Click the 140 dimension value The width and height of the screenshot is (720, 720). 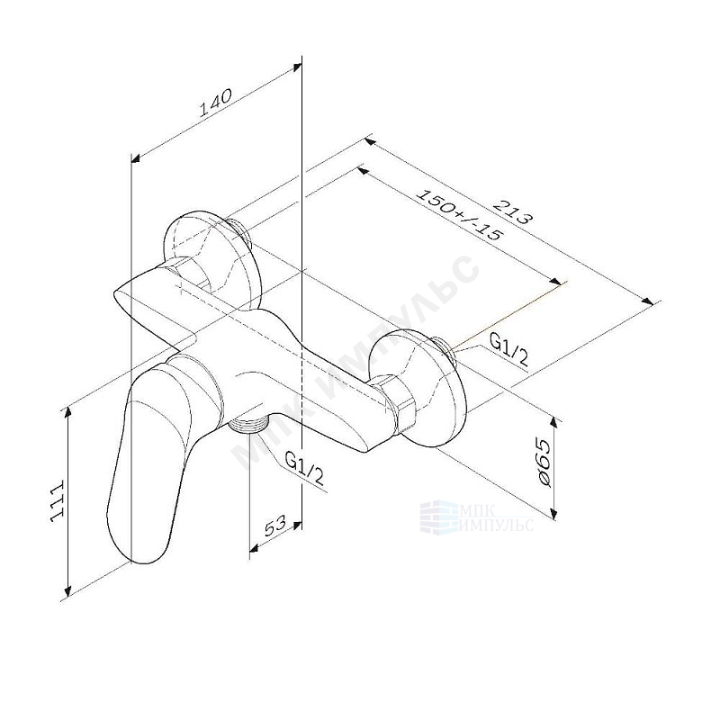pyautogui.click(x=216, y=102)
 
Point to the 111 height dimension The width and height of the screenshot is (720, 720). pyautogui.click(x=57, y=501)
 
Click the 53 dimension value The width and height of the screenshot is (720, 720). pyautogui.click(x=274, y=526)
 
